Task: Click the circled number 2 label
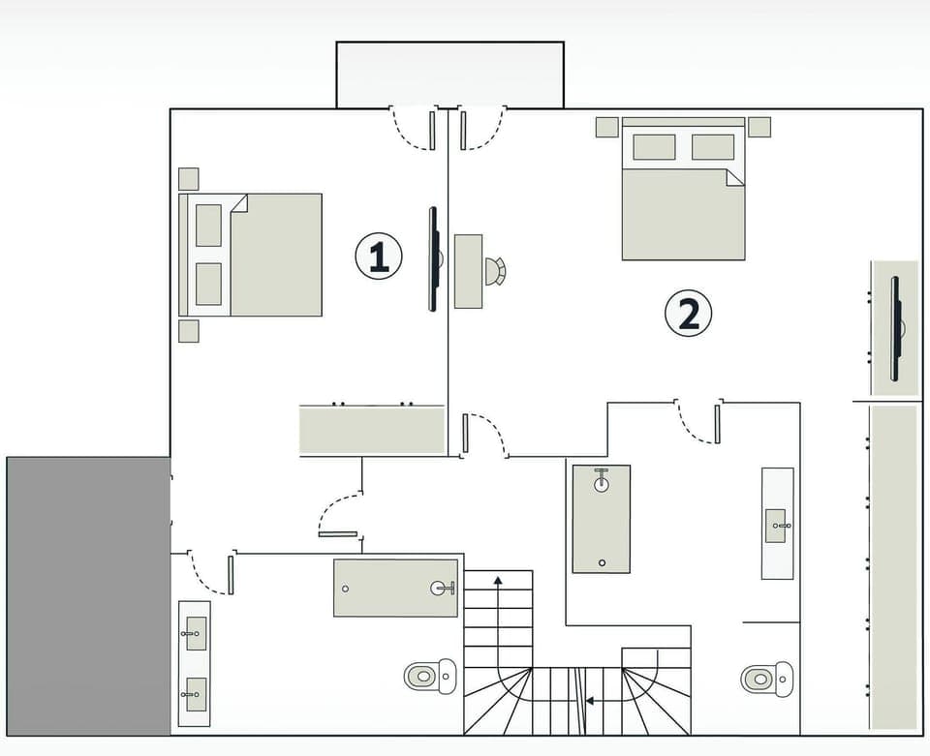point(688,315)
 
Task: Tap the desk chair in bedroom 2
point(495,272)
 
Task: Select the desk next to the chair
point(469,271)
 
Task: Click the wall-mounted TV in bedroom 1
point(434,259)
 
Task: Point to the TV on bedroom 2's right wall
point(896,328)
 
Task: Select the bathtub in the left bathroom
point(395,588)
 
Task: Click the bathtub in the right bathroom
point(601,519)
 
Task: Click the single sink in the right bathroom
point(777,525)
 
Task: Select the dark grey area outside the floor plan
point(88,594)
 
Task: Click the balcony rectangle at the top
point(449,75)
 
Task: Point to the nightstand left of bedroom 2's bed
point(606,127)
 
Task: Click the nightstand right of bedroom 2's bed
point(759,127)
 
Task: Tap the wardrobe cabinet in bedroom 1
point(372,430)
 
